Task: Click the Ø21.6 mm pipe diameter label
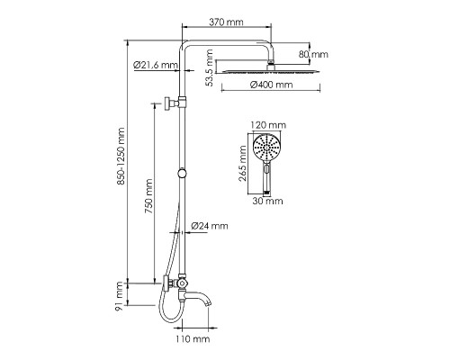[152, 63]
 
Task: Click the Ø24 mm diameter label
[211, 226]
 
